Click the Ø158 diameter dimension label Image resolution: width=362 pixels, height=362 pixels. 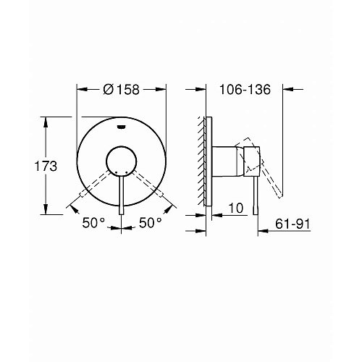pyautogui.click(x=121, y=90)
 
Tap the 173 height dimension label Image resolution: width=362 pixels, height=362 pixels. pyautogui.click(x=46, y=167)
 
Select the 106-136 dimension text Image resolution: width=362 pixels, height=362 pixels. pyautogui.click(x=245, y=90)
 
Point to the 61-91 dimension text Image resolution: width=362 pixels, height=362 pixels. pyautogui.click(x=292, y=224)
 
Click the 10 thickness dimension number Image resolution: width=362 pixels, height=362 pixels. pyautogui.click(x=236, y=208)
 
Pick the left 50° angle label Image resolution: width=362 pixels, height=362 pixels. pyautogui.click(x=93, y=222)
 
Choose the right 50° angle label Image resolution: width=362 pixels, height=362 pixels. pyautogui.click(x=150, y=222)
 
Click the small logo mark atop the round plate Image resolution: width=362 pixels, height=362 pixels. pyautogui.click(x=121, y=127)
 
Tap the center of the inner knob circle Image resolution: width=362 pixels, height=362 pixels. pyautogui.click(x=121, y=161)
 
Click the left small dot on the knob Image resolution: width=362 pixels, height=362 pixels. pyautogui.click(x=116, y=172)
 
